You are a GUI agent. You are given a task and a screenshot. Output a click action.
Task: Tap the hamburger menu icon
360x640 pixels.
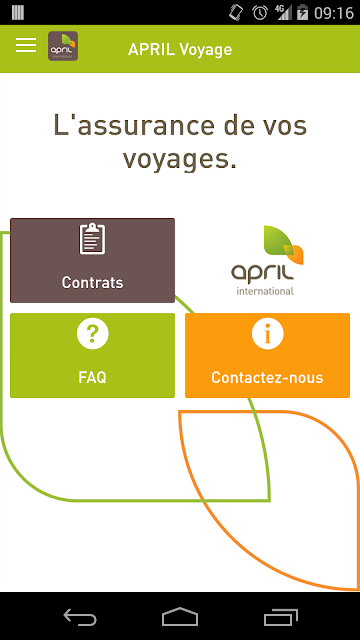click(x=26, y=45)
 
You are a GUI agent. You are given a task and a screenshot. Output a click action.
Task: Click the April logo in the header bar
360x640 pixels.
click(x=63, y=46)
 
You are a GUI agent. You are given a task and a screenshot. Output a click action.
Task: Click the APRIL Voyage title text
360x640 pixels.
click(x=180, y=49)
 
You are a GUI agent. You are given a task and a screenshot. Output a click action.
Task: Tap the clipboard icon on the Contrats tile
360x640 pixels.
click(x=92, y=239)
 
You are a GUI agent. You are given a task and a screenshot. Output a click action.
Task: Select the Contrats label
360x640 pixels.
click(x=92, y=282)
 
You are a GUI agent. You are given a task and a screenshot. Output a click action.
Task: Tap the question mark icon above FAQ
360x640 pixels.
click(x=93, y=333)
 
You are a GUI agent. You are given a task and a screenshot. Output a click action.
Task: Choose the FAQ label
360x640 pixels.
click(x=92, y=378)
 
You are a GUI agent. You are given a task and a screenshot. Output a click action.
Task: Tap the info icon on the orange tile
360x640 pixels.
click(x=267, y=333)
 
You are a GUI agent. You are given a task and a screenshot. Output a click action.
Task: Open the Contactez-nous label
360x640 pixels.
click(x=267, y=378)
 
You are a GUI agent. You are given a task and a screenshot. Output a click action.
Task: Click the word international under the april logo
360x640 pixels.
click(x=265, y=291)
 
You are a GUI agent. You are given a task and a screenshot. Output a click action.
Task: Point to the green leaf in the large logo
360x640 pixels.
click(x=278, y=240)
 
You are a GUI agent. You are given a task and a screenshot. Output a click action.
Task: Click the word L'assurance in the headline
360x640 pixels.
click(x=134, y=125)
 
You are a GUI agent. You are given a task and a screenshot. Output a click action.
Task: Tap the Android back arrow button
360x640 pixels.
click(x=80, y=616)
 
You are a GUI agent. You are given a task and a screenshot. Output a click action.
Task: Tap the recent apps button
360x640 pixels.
click(x=281, y=616)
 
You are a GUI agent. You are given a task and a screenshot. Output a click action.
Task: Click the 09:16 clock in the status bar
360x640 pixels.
click(x=333, y=13)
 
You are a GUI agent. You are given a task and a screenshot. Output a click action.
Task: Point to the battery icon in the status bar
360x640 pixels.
click(x=302, y=13)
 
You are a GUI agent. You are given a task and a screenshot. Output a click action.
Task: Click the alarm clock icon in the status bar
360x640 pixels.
click(x=260, y=13)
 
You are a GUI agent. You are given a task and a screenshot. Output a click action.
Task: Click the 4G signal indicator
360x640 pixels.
click(x=283, y=12)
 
